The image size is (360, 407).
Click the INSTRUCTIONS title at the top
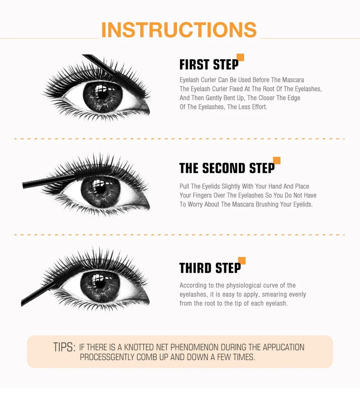pos(179,30)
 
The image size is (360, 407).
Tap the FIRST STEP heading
pos(208,65)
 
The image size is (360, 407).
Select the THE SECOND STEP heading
pos(226,168)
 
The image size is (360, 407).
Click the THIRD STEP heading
pos(210,268)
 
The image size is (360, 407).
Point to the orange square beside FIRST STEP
pos(240,57)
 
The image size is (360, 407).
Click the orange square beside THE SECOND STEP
pos(276,160)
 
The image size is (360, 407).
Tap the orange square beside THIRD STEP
pos(242,261)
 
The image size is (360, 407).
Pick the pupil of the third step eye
pos(100,283)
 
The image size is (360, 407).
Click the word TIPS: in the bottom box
pos(64,347)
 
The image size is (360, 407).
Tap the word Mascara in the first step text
pos(292,80)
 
